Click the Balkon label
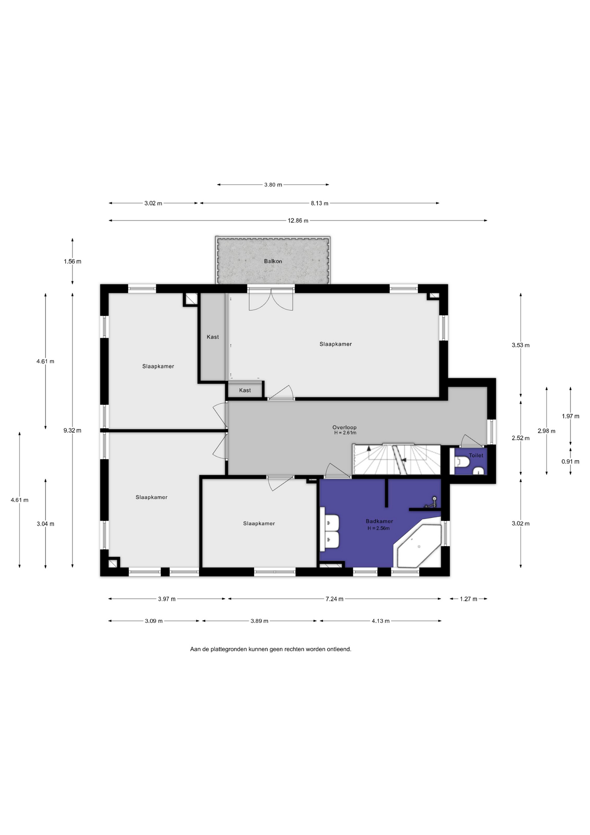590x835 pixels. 273,261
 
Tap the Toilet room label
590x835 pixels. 476,455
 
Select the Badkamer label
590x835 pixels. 379,521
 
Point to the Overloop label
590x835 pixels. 345,427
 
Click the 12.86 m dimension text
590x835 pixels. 298,220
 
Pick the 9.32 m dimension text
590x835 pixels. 72,431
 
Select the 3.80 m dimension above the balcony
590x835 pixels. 273,185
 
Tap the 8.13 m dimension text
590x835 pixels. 319,203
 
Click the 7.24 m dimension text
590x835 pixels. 335,599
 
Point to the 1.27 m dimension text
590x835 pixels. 468,599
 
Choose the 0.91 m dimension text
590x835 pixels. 570,461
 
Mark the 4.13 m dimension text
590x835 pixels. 381,621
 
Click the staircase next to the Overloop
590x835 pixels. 396,459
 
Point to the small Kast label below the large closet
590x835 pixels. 245,390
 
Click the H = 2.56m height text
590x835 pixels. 378,528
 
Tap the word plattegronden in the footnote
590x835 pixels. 229,649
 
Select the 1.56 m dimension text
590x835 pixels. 72,261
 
